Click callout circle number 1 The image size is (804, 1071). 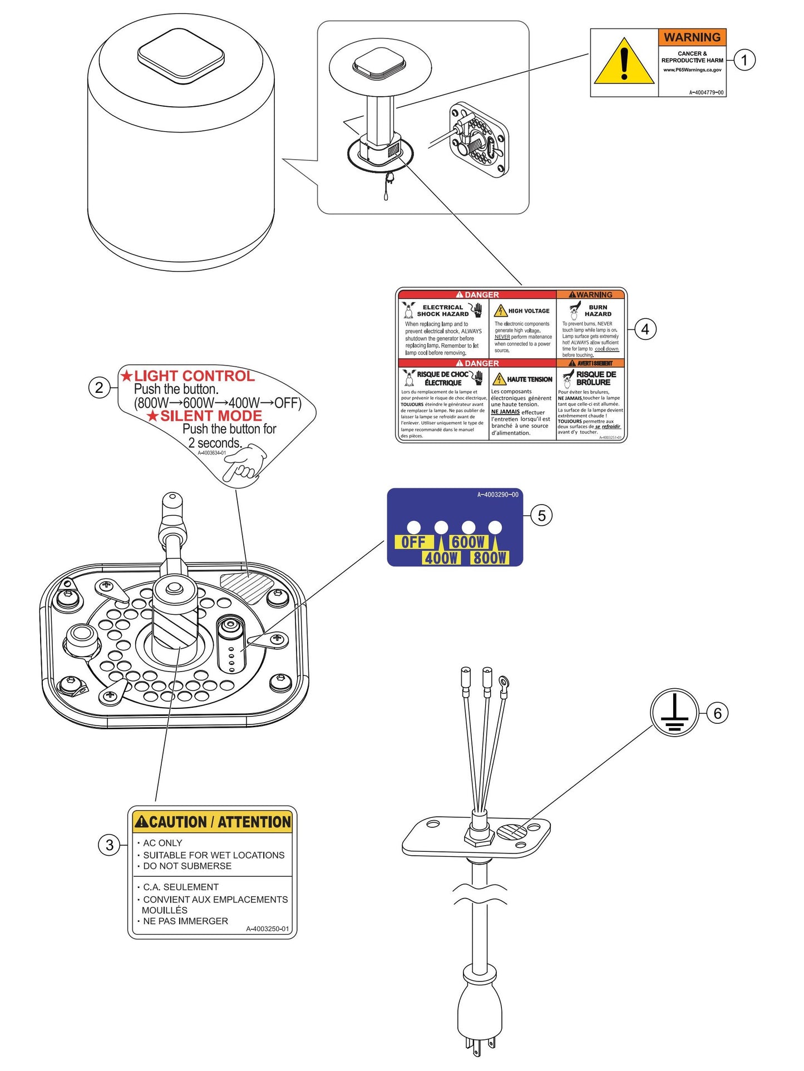click(744, 60)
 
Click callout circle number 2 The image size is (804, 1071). click(99, 387)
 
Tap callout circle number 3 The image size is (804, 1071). click(109, 845)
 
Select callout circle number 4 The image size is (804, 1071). click(645, 329)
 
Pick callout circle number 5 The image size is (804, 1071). click(541, 516)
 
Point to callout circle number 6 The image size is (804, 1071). click(717, 713)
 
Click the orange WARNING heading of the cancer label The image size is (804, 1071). click(692, 37)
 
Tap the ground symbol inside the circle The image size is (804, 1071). click(674, 713)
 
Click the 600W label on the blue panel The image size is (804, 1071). click(468, 542)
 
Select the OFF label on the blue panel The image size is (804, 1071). click(413, 542)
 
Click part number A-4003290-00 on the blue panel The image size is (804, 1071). click(497, 495)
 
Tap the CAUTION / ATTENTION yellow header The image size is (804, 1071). click(212, 822)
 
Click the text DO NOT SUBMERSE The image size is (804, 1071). click(187, 866)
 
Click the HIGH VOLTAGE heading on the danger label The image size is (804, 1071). click(529, 311)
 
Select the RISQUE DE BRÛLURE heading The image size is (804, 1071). click(595, 378)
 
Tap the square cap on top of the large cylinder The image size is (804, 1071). click(181, 55)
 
